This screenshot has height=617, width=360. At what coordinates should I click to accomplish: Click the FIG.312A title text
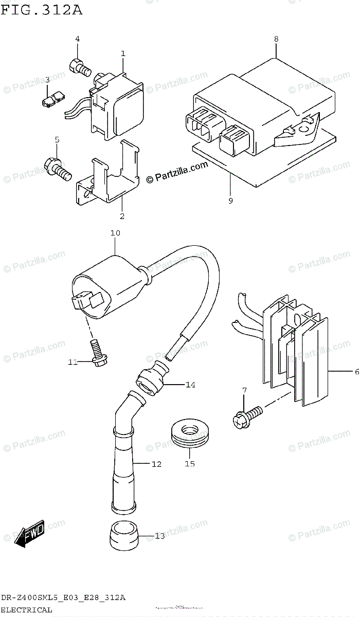coord(41,10)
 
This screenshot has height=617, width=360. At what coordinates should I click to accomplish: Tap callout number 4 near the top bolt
coord(78,39)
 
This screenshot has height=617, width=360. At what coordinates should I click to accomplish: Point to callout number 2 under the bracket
coord(122,216)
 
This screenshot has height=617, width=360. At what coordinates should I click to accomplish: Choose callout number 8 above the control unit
coord(276,39)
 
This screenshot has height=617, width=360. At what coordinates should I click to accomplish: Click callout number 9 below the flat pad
coord(230,201)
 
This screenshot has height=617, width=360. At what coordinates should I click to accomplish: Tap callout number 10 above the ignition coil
coord(115,233)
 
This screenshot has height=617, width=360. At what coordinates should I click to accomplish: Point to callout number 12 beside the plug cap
coord(156,464)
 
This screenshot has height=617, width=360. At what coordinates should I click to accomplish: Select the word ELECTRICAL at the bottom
coord(26,610)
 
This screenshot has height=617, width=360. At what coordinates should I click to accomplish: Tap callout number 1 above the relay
coord(123,53)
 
